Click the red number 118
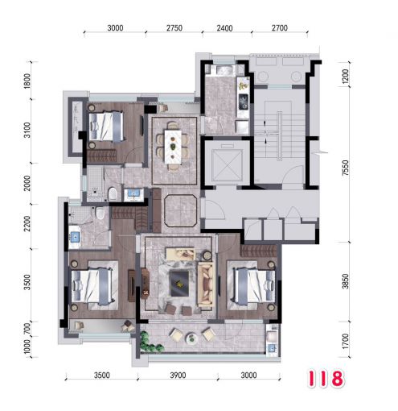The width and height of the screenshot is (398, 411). tap(326, 379)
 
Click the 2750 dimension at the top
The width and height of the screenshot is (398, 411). tap(174, 28)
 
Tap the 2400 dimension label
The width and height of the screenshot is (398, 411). tap(224, 28)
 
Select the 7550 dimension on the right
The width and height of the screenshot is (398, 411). tap(346, 168)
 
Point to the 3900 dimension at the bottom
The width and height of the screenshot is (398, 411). tap(178, 375)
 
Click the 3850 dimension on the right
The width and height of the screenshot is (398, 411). tap(346, 281)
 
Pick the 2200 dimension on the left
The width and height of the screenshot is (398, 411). tap(27, 223)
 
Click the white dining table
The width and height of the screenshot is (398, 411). tap(173, 147)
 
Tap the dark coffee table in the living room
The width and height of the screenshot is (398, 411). tap(179, 284)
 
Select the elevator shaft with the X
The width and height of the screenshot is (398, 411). tap(227, 164)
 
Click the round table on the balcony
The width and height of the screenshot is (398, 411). tap(191, 338)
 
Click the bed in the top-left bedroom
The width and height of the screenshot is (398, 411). tap(106, 127)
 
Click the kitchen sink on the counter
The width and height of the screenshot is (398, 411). tap(244, 102)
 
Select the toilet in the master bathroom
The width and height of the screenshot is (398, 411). tap(100, 213)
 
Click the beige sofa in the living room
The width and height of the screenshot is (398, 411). tap(206, 284)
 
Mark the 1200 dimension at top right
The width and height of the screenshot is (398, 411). tap(346, 77)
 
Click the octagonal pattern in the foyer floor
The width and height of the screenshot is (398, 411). tap(181, 210)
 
